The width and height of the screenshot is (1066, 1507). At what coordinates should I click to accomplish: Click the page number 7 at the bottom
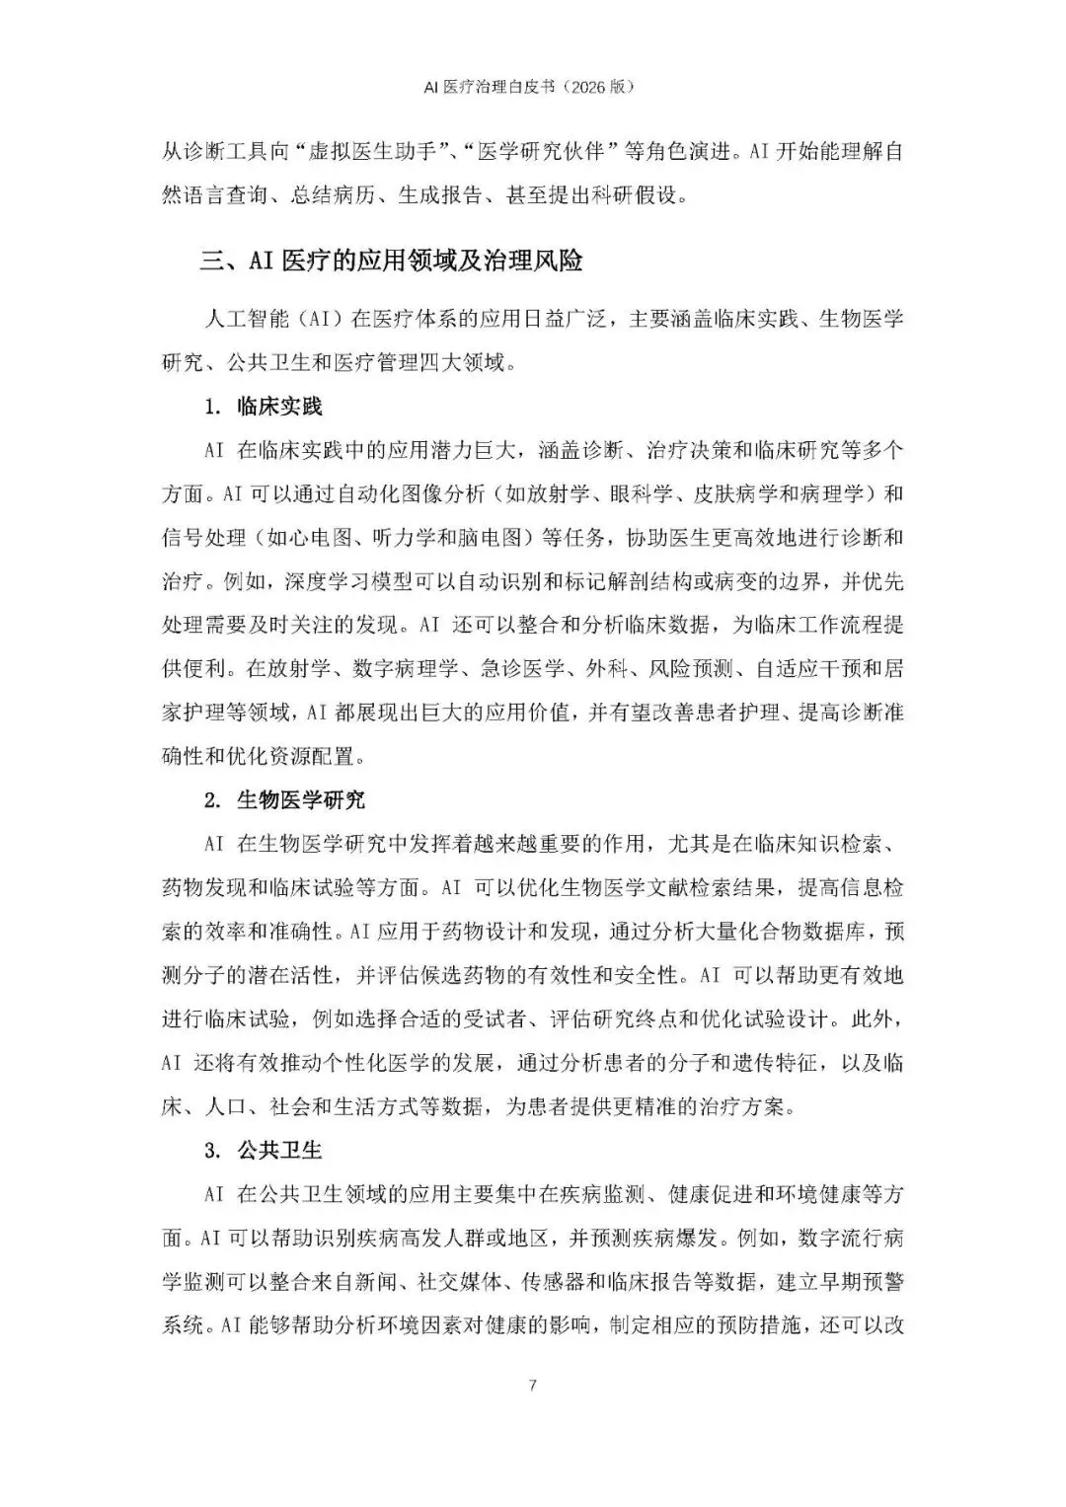coord(533,1386)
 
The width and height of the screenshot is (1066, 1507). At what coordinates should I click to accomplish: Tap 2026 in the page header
coord(584,87)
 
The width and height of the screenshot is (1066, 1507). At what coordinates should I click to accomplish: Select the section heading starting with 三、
coord(391,261)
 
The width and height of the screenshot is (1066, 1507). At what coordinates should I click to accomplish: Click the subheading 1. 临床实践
coord(264,407)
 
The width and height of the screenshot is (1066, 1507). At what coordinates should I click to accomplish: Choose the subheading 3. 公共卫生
coord(264,1151)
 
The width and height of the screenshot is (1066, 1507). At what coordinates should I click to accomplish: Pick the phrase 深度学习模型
coord(331,581)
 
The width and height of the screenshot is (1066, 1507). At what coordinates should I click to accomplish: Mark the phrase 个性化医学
coord(386,1063)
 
